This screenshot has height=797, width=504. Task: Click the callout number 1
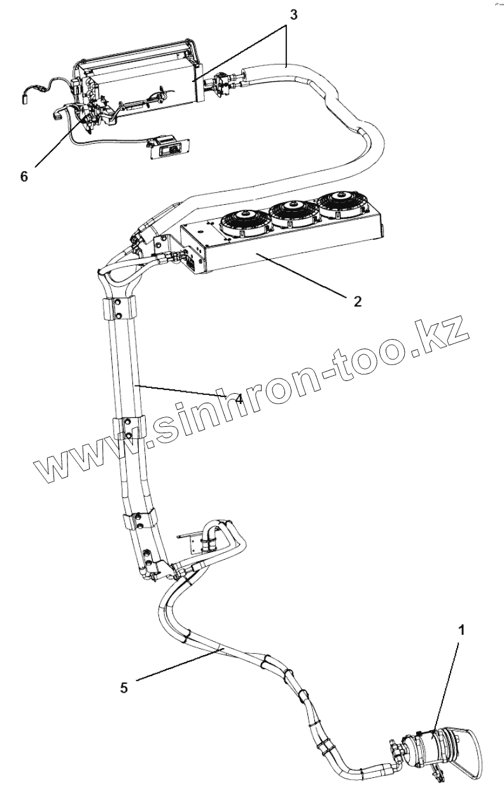pyautogui.click(x=463, y=630)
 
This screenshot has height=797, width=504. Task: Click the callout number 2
pyautogui.click(x=358, y=301)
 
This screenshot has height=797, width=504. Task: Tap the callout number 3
pyautogui.click(x=293, y=15)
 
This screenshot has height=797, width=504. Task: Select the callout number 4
pyautogui.click(x=238, y=399)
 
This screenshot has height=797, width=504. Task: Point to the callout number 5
pyautogui.click(x=124, y=687)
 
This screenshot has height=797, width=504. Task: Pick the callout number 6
pyautogui.click(x=24, y=176)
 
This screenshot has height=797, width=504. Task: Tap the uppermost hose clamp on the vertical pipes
pyautogui.click(x=117, y=309)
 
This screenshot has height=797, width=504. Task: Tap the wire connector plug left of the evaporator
pyautogui.click(x=26, y=97)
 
